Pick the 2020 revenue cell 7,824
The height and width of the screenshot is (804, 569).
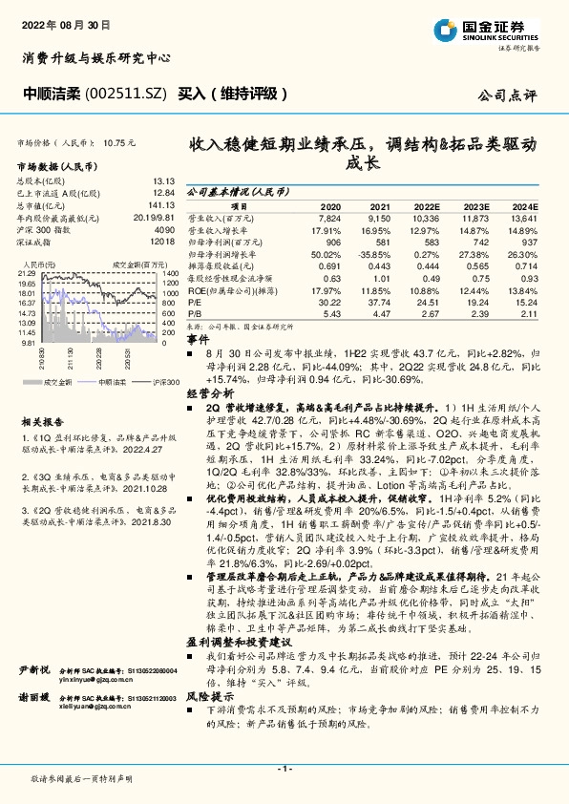328,219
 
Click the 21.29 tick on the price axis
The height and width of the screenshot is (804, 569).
28,273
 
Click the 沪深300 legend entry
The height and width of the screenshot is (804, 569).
141,380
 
